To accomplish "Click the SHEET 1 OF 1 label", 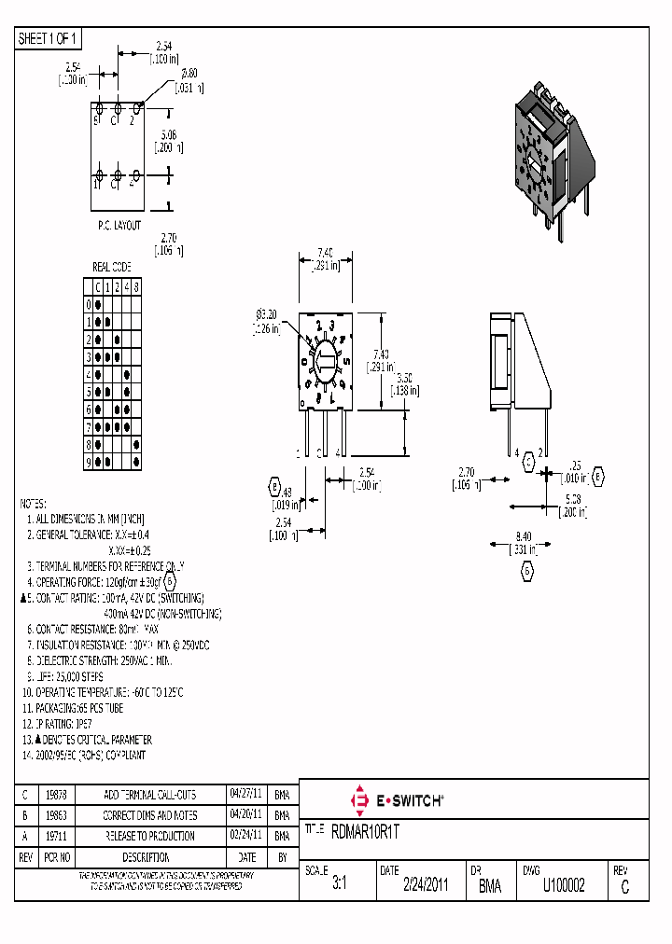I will coord(49,38).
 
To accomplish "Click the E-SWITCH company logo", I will coord(396,800).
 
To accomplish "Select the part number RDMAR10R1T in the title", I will coord(371,829).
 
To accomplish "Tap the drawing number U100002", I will coord(564,886).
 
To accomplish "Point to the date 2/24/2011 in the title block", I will coord(426,886).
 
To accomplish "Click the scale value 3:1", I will coord(339,886).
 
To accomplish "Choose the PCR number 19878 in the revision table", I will coord(55,795).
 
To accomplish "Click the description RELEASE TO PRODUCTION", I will coord(148,836).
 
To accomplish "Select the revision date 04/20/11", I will coord(245,815).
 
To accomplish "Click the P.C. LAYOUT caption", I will coord(119,226).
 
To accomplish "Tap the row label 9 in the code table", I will coord(90,462).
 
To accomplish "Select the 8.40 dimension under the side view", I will coord(525,536).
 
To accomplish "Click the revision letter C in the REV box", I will coord(624,888).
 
